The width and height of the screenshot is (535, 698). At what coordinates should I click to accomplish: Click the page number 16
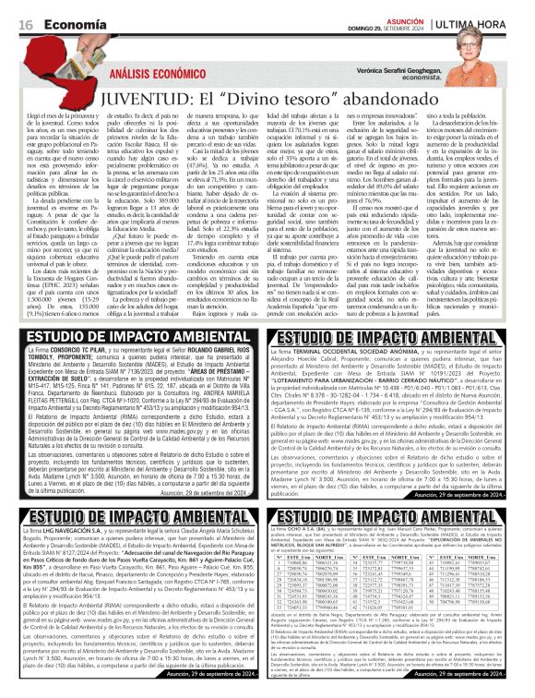click(x=26, y=22)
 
